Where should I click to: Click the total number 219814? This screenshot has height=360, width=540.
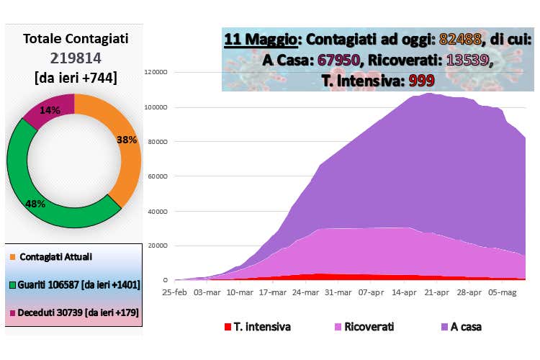pos(76,58)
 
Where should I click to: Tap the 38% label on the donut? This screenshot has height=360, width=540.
pos(127,140)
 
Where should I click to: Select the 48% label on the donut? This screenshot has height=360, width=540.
pos(35,204)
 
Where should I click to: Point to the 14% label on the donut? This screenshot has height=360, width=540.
pos(51,110)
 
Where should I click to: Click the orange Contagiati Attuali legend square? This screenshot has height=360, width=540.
pos(14,256)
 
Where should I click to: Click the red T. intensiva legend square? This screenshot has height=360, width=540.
pos(228,327)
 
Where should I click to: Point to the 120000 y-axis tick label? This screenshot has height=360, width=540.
pos(156,72)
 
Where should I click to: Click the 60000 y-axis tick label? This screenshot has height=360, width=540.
pos(157,176)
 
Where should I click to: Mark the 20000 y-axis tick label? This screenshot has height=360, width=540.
pos(157,246)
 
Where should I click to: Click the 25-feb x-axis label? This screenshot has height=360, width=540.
pos(175,293)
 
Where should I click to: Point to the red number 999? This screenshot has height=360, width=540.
pos(422,81)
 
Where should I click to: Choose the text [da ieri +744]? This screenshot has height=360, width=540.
pos(76,77)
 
